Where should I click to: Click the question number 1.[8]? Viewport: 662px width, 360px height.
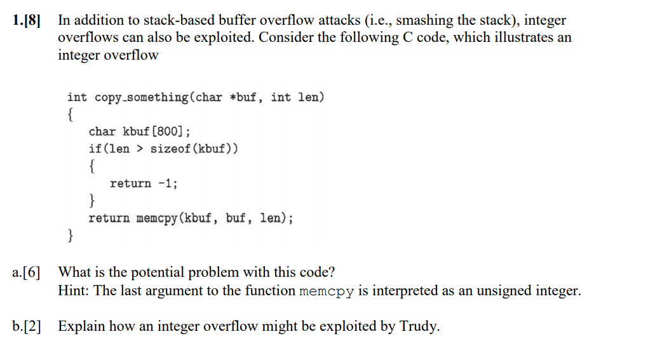click(26, 20)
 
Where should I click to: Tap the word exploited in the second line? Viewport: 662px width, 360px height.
click(224, 37)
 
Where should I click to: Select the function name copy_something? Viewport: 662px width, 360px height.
click(141, 97)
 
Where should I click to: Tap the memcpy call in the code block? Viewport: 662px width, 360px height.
click(157, 218)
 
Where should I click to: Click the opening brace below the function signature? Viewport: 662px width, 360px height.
click(70, 114)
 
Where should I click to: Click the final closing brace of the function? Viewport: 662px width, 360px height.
click(70, 236)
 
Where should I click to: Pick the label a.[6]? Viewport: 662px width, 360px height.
click(26, 273)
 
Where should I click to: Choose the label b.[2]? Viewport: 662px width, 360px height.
click(26, 327)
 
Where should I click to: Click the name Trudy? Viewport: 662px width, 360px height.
click(418, 327)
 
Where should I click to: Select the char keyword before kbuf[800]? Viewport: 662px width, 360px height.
click(102, 131)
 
